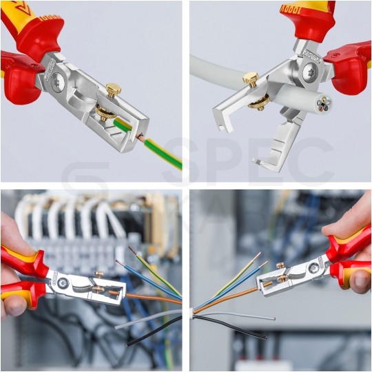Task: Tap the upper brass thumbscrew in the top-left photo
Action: (113, 90)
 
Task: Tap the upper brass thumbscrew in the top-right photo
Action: (251, 80)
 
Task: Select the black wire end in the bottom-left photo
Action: (131, 342)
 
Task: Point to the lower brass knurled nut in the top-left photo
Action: (105, 112)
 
